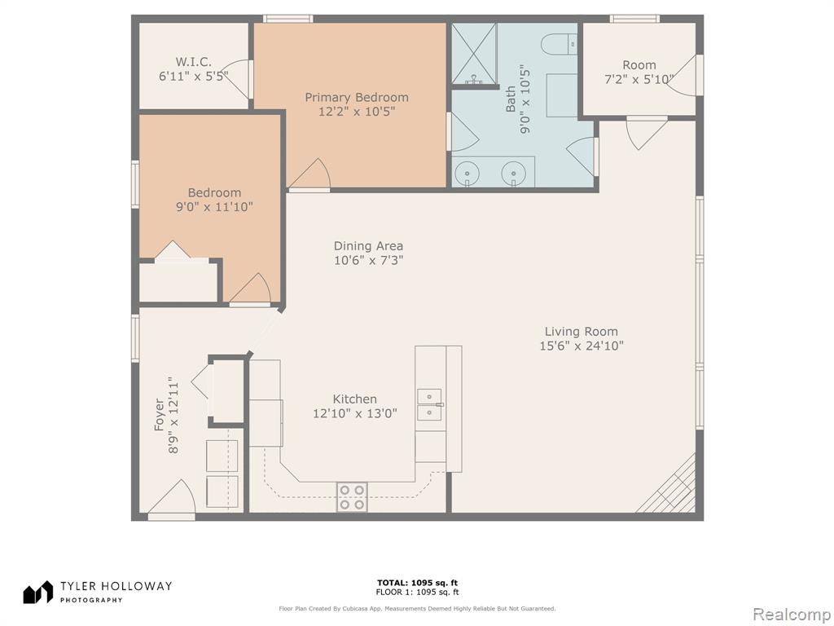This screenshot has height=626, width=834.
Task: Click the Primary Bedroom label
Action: [357, 98]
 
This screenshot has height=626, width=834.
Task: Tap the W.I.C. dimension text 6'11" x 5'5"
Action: [194, 76]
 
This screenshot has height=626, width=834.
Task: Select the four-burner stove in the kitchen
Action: [352, 497]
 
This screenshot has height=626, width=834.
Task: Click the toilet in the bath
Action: [559, 44]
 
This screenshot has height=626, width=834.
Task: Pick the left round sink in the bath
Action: [467, 173]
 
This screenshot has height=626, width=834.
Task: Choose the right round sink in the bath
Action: [513, 173]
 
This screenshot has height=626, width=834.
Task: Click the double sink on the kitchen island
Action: [430, 404]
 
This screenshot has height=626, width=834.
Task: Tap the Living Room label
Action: [581, 332]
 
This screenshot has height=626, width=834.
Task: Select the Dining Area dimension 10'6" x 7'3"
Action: [369, 260]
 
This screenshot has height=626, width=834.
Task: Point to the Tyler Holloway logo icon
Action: [37, 592]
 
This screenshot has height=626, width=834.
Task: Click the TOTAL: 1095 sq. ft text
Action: [418, 583]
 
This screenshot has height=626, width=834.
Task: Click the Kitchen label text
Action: [355, 399]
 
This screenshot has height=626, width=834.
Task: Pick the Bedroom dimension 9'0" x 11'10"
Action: [214, 206]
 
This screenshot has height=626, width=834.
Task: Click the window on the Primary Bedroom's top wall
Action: [288, 19]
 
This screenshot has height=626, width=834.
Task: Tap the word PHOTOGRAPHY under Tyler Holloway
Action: [91, 600]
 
